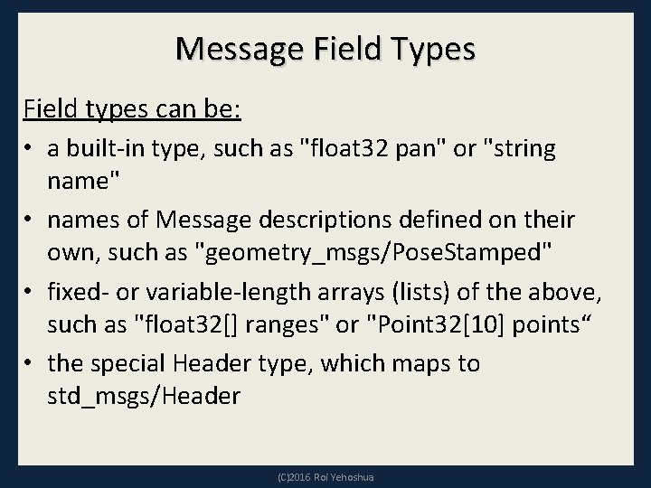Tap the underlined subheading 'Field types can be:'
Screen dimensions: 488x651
pyautogui.click(x=131, y=110)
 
